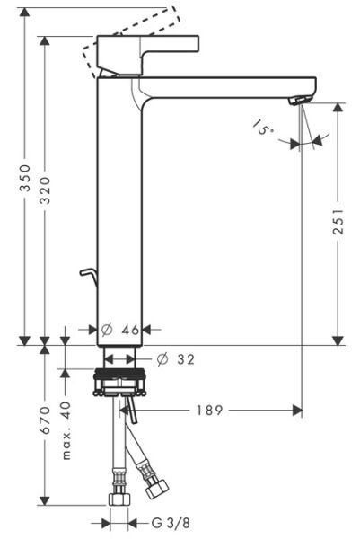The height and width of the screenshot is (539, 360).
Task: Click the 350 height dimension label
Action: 26,178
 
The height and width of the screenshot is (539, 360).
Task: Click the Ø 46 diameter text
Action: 119,331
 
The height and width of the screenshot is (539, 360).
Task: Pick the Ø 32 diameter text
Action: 175,359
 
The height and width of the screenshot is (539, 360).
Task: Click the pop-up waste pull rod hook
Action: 87,273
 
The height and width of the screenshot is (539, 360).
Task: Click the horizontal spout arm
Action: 224,88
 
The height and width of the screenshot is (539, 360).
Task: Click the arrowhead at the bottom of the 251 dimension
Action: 338,340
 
